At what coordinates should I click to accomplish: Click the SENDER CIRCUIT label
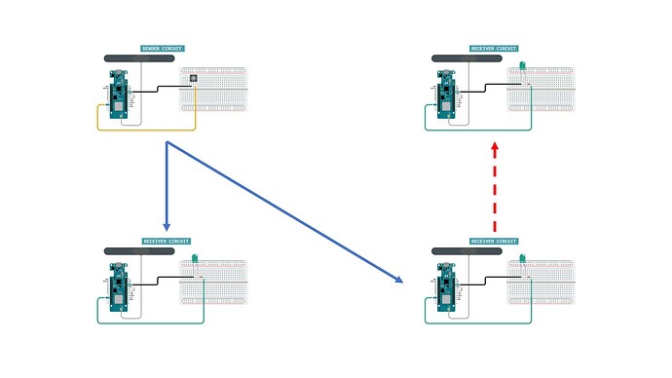point(163,48)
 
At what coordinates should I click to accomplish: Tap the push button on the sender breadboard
point(193,78)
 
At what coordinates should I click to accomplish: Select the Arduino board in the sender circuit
point(119,94)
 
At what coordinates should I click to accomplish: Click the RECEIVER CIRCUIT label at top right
point(494,48)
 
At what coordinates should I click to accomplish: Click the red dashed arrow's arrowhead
point(495,147)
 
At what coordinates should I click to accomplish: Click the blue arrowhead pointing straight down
point(167,225)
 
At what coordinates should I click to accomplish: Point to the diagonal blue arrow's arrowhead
point(398,280)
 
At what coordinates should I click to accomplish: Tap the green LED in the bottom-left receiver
point(194,259)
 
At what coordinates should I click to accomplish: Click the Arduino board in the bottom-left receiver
point(119,286)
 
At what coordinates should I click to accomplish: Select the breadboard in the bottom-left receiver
point(214,282)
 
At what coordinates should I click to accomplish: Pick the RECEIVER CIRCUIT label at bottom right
point(494,241)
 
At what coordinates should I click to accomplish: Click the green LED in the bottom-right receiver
point(521,259)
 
